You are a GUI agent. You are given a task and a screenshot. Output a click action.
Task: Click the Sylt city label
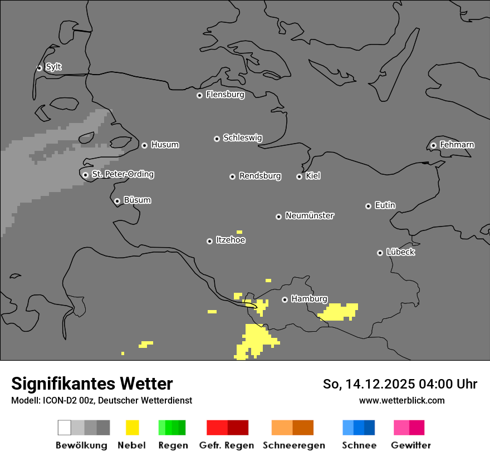click(53, 67)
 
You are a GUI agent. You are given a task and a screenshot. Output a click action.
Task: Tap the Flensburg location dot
click(199, 95)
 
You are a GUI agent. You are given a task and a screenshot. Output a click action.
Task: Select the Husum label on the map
click(165, 145)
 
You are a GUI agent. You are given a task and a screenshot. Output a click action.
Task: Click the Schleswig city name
click(242, 137)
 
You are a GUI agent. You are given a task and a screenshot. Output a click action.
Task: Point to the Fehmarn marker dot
click(433, 145)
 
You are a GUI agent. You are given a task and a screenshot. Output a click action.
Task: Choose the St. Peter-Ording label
click(122, 174)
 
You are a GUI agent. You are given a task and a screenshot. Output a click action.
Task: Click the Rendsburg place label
click(260, 176)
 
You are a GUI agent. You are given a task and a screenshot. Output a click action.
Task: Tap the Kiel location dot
click(299, 176)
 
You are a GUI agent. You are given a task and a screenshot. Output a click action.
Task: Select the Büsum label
click(137, 200)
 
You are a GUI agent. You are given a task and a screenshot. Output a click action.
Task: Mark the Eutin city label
click(385, 205)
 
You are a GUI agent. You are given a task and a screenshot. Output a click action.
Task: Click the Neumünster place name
click(310, 215)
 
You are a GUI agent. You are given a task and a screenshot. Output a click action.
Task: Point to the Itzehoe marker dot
click(209, 241)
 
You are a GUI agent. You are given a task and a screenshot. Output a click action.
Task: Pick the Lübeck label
click(400, 252)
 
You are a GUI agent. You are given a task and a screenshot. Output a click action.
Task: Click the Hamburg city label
click(309, 299)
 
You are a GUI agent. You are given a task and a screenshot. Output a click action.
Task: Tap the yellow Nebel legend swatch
click(132, 427)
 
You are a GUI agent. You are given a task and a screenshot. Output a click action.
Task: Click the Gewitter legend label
click(410, 445)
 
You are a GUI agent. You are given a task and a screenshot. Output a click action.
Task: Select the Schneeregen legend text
click(293, 445)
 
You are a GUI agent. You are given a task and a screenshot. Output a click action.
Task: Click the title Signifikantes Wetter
click(92, 384)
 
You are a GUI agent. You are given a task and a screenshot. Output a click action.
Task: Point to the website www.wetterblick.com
click(401, 400)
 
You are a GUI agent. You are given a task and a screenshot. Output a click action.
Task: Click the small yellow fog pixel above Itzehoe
click(239, 232)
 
